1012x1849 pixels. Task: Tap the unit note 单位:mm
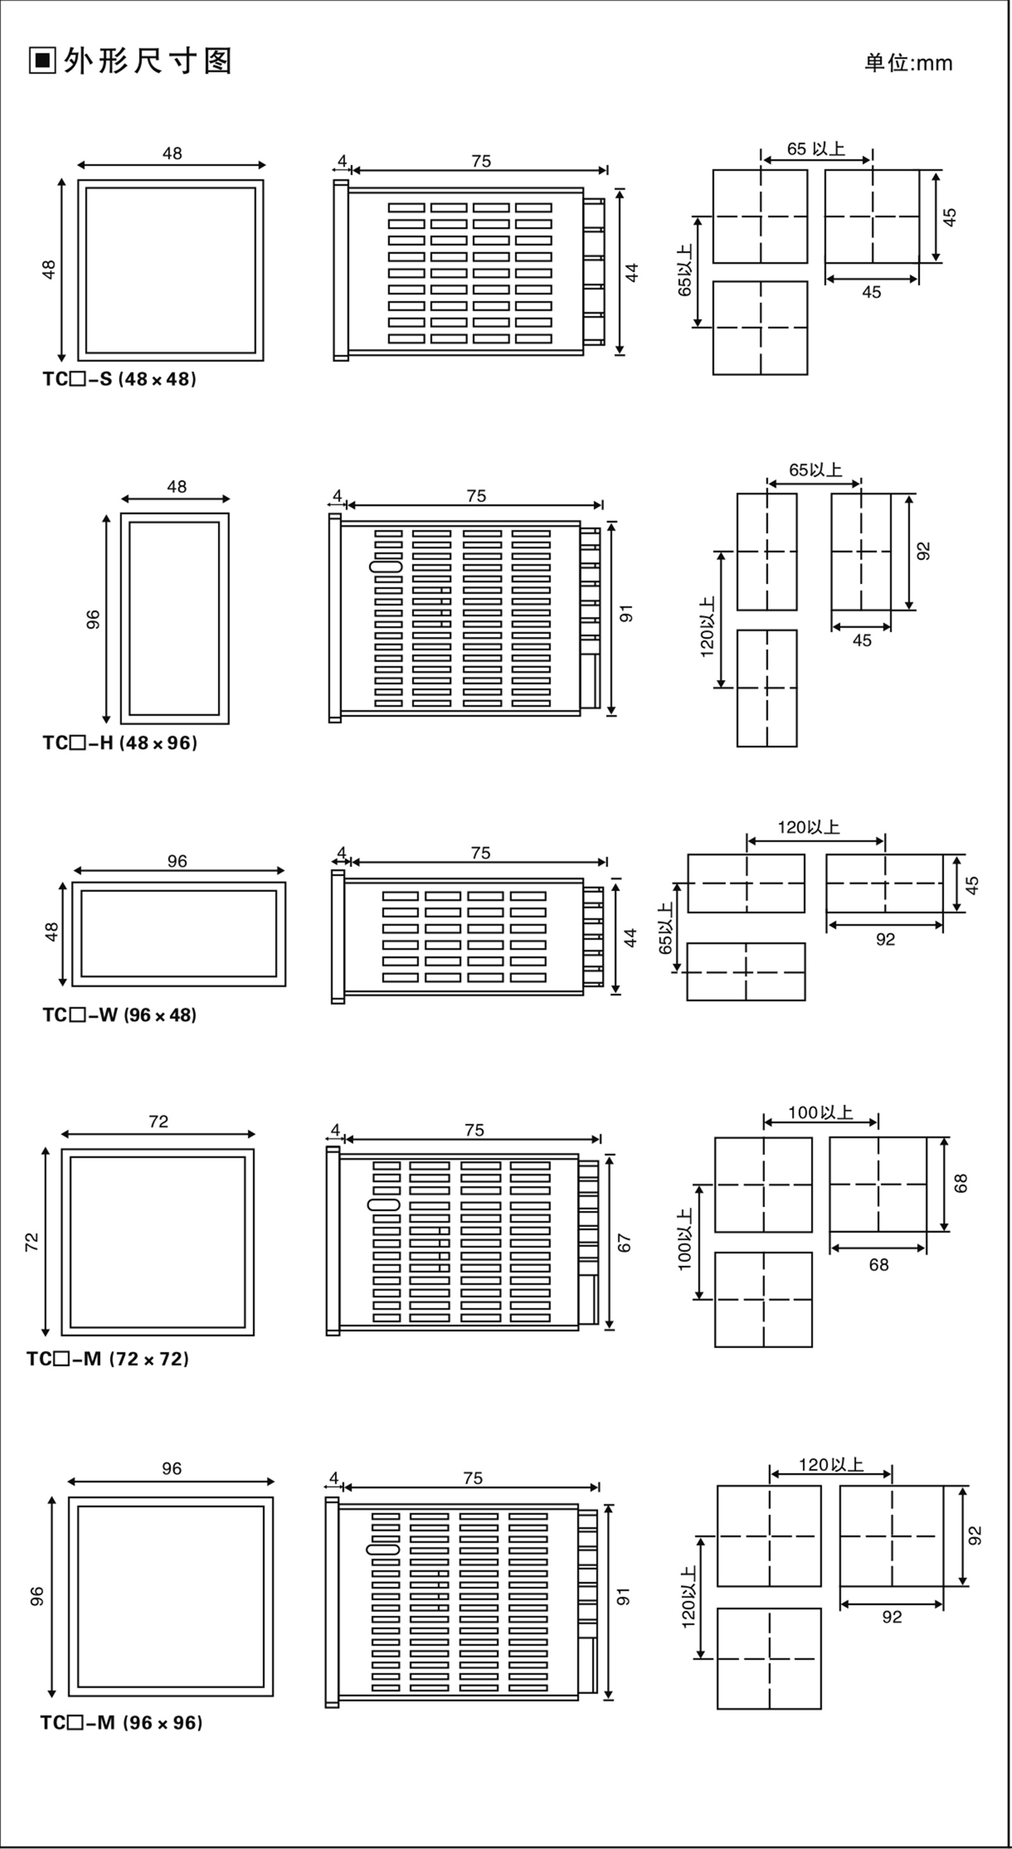908,63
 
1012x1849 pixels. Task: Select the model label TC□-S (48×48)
119,379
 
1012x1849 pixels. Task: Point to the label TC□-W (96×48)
119,1015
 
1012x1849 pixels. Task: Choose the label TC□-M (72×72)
108,1359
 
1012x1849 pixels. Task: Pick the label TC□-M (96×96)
121,1723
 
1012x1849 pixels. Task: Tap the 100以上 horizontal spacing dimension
820,1112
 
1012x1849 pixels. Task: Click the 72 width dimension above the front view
159,1121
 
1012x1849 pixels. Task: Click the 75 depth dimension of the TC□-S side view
481,161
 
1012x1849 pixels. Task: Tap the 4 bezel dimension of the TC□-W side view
341,852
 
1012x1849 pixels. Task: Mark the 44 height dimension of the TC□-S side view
632,273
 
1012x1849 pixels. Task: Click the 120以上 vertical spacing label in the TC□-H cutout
707,627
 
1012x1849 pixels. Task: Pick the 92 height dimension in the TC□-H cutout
923,551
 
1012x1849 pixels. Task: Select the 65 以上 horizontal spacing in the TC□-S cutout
816,149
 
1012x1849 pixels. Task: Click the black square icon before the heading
42,61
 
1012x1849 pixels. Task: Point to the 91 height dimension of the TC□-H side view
627,614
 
